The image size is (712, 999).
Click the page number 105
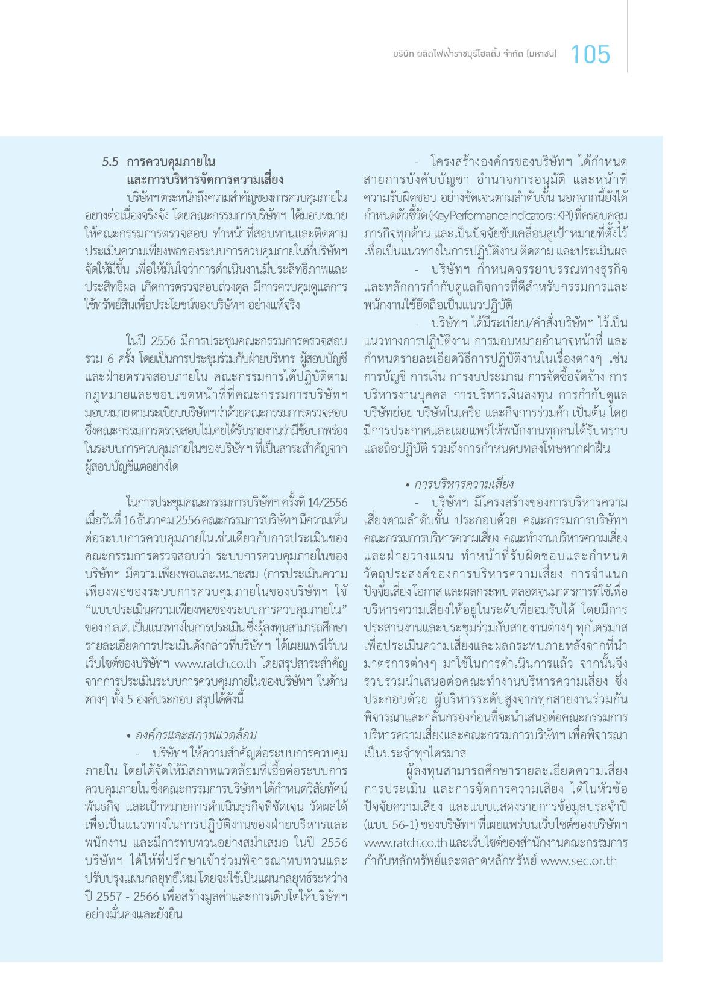(x=590, y=55)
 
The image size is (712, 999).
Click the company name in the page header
(x=474, y=55)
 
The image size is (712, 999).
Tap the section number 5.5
(x=110, y=162)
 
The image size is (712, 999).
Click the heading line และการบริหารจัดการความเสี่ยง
(x=205, y=180)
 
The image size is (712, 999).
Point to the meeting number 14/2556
(x=326, y=502)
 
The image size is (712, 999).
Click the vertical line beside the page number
(x=627, y=36)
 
